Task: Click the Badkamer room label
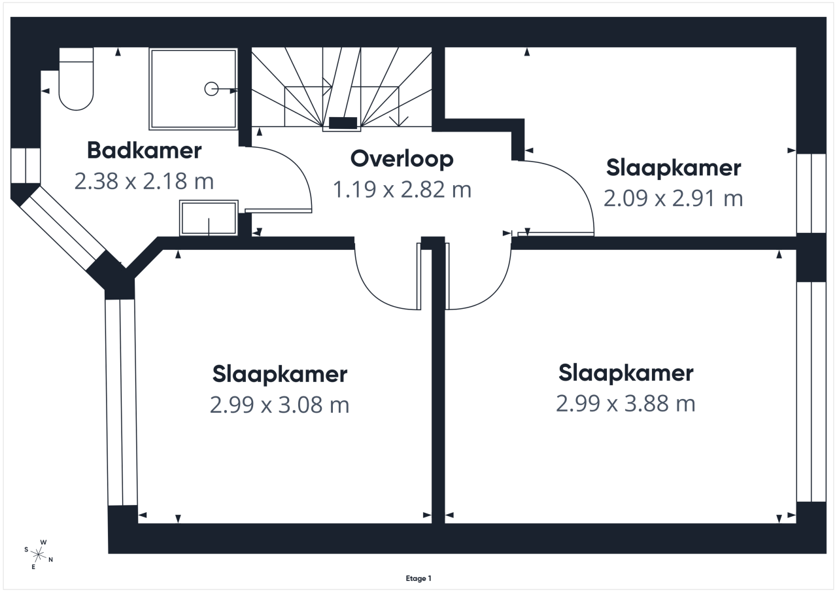tap(145, 150)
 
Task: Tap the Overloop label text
tap(401, 160)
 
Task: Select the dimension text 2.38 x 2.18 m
tap(144, 181)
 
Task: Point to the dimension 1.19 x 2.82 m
tap(401, 190)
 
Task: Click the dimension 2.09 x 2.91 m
tap(674, 198)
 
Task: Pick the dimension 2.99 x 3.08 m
tap(279, 405)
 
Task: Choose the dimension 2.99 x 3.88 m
tap(626, 404)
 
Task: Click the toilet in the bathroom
tap(77, 79)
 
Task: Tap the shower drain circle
tap(211, 89)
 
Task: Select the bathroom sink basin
tap(209, 218)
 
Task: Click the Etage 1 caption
tap(418, 578)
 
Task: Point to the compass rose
tap(39, 555)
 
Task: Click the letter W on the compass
tap(43, 542)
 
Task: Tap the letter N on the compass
tap(51, 560)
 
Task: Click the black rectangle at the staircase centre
tap(343, 122)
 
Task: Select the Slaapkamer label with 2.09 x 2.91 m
tap(674, 168)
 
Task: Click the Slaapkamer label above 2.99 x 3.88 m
tap(626, 374)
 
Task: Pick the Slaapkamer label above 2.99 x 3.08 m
tap(280, 374)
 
